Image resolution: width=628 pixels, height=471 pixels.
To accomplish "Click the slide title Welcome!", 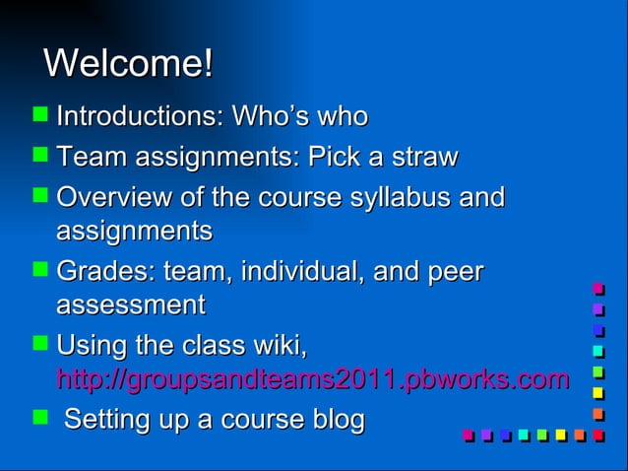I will tap(128, 64).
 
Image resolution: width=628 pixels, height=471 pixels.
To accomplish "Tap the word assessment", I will tap(131, 305).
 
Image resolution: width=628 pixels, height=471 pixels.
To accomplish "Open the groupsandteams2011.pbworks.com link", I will tap(313, 379).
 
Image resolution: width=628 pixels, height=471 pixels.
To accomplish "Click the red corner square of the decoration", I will tap(597, 435).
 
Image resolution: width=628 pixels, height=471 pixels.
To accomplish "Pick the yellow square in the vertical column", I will tap(597, 393).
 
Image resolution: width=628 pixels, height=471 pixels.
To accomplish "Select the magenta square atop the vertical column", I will tap(597, 289).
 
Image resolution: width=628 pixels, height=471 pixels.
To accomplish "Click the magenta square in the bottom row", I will tap(469, 435).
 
